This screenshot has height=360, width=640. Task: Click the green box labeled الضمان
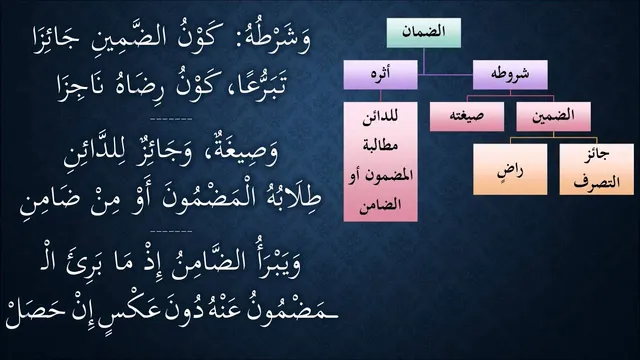point(424,33)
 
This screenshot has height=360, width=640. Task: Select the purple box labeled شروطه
point(510,75)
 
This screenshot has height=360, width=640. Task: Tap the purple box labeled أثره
point(380,75)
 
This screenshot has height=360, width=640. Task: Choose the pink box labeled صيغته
point(467,116)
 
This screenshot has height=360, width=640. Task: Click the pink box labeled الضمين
point(553,116)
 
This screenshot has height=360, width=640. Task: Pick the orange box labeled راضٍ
point(510,169)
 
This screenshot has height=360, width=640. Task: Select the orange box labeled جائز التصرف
point(597,169)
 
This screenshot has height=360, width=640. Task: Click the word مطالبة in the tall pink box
point(380,146)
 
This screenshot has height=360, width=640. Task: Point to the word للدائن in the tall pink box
point(380,116)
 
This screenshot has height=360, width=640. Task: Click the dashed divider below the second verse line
point(171,120)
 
